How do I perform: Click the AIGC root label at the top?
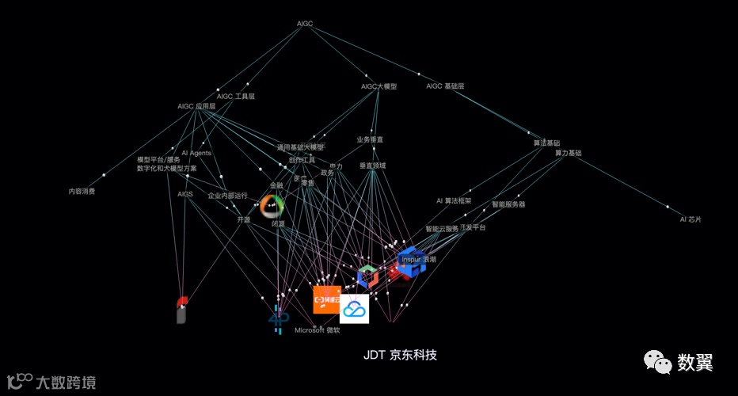click(x=305, y=24)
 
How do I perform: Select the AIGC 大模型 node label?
click(x=379, y=86)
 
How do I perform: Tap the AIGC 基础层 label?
click(x=445, y=86)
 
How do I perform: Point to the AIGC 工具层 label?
click(x=236, y=97)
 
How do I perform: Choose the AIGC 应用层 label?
click(x=196, y=106)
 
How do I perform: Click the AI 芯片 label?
click(x=690, y=219)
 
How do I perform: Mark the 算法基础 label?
click(x=546, y=143)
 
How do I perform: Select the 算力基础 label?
click(x=568, y=153)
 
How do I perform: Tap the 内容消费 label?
click(x=82, y=191)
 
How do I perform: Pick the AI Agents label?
click(x=196, y=153)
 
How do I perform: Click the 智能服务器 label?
click(x=508, y=204)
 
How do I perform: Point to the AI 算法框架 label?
click(x=454, y=201)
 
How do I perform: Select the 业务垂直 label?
click(x=370, y=139)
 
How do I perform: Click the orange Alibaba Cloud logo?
click(x=327, y=299)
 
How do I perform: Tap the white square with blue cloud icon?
click(x=355, y=309)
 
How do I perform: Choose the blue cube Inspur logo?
click(x=412, y=262)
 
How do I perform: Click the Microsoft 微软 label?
click(x=318, y=329)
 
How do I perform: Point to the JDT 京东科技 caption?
click(x=400, y=355)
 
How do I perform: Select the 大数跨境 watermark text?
click(x=66, y=383)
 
